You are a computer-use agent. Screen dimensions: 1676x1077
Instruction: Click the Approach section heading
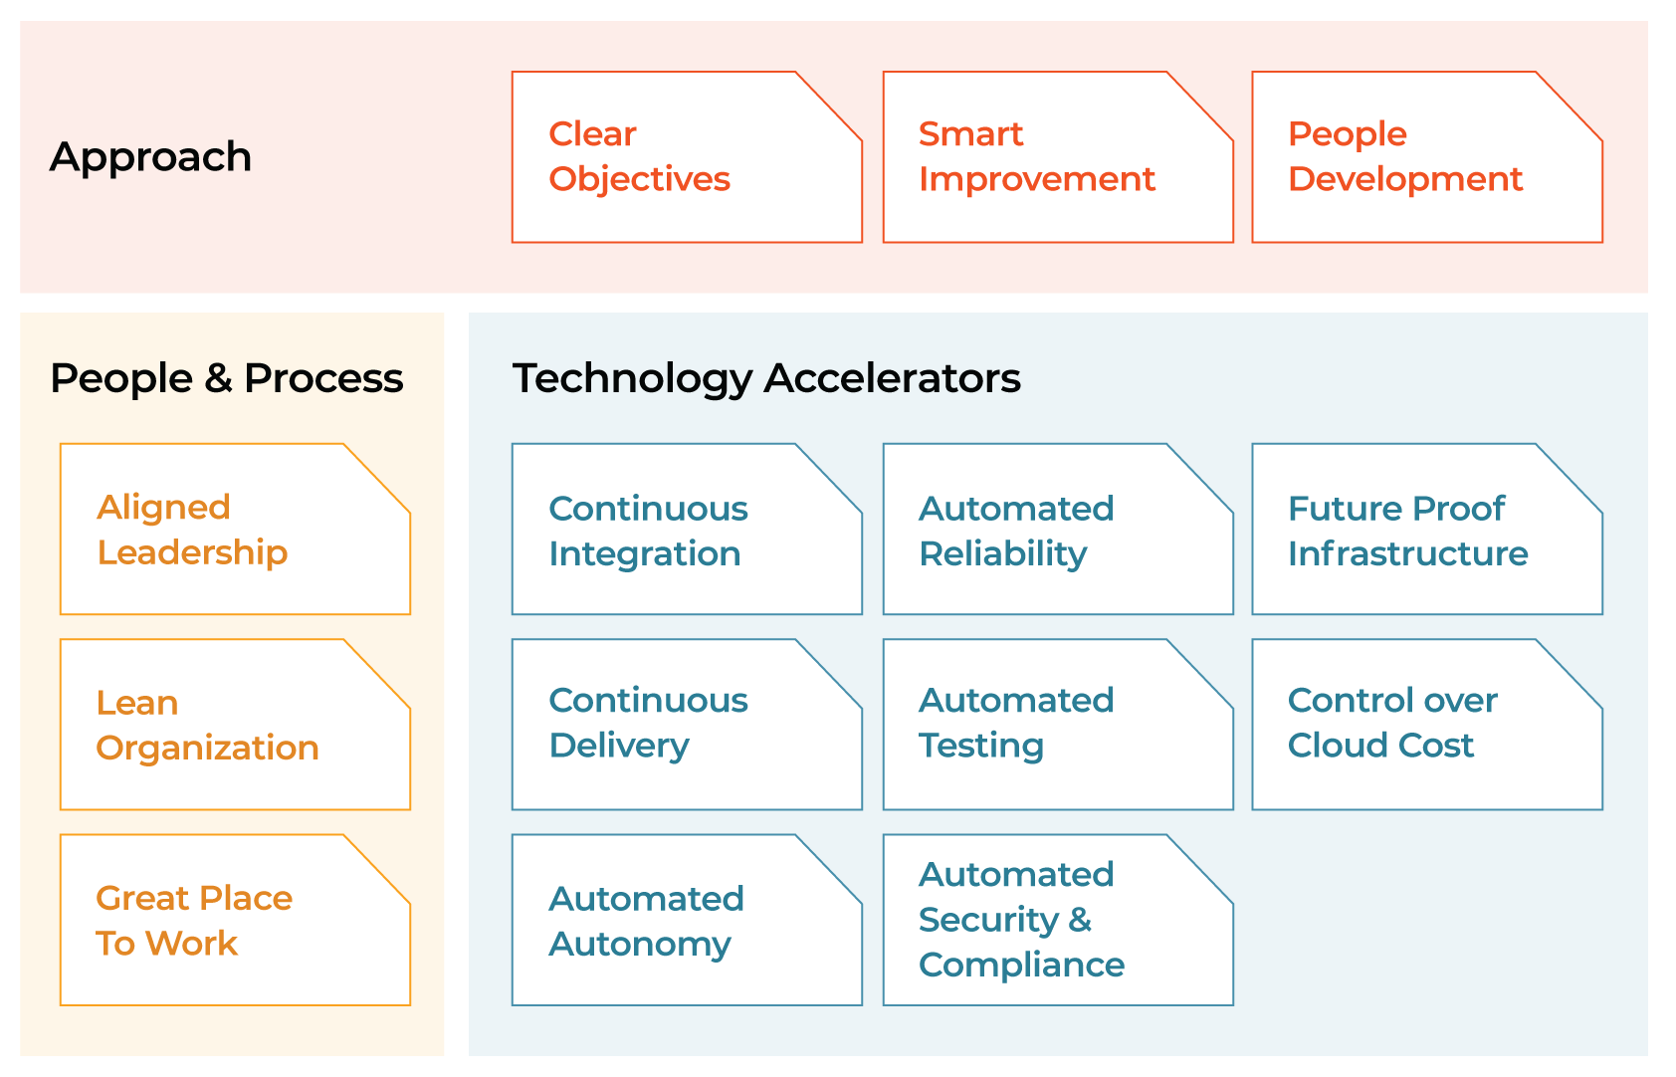[x=150, y=158]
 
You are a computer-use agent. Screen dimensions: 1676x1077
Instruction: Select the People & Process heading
[x=227, y=378]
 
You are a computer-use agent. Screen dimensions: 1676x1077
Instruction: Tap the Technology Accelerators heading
[x=766, y=378]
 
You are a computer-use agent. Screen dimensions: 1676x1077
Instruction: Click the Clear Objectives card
[x=687, y=157]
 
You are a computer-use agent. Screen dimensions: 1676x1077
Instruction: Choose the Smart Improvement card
[x=1058, y=157]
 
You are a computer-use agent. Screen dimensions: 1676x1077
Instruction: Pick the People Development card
[x=1427, y=157]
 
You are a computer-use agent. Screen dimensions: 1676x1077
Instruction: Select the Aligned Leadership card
[x=235, y=530]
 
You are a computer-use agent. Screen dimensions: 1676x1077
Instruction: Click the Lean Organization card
[x=235, y=725]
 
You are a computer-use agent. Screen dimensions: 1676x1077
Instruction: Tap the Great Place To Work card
[x=235, y=920]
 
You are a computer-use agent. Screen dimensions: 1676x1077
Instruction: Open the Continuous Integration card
[x=687, y=530]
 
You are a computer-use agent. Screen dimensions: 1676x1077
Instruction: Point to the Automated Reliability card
[x=1058, y=530]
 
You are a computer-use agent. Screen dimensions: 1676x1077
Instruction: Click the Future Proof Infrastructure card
[x=1427, y=530]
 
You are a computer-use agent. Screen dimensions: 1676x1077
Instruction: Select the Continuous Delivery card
[x=687, y=725]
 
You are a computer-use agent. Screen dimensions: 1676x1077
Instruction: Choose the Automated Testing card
[x=1058, y=725]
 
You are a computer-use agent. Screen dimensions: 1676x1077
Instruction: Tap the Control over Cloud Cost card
[x=1427, y=725]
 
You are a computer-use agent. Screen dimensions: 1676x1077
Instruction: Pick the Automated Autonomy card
[x=687, y=920]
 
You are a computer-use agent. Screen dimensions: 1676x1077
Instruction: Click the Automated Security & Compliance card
[x=1058, y=920]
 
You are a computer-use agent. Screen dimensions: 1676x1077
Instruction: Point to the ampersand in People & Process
[x=219, y=377]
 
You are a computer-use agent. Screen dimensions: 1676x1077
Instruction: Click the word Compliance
[x=1021, y=965]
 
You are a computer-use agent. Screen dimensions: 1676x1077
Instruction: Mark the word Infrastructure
[x=1408, y=553]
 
